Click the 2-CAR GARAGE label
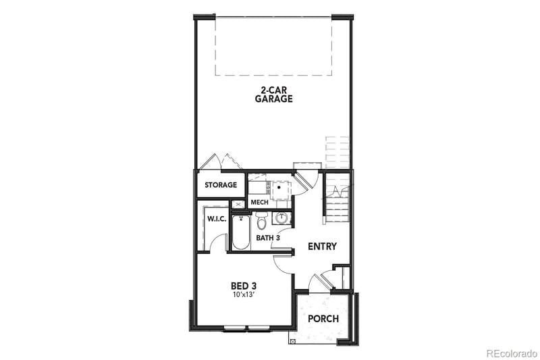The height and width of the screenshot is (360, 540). click(x=273, y=94)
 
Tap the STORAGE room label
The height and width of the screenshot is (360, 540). click(x=221, y=184)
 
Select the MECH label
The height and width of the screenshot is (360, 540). click(x=259, y=202)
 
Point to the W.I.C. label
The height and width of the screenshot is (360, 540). click(x=216, y=219)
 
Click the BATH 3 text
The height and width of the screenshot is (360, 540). click(x=268, y=237)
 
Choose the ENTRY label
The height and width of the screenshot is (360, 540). click(x=322, y=247)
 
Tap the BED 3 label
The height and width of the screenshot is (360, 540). click(x=242, y=285)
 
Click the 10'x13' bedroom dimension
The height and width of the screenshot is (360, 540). click(x=242, y=295)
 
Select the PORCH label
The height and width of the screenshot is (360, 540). click(x=323, y=319)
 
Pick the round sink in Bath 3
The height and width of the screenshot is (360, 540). click(x=281, y=218)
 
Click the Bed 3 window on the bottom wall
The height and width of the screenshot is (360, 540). click(x=246, y=328)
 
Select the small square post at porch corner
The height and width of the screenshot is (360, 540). click(x=292, y=341)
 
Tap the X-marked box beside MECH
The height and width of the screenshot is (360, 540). click(x=238, y=203)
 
